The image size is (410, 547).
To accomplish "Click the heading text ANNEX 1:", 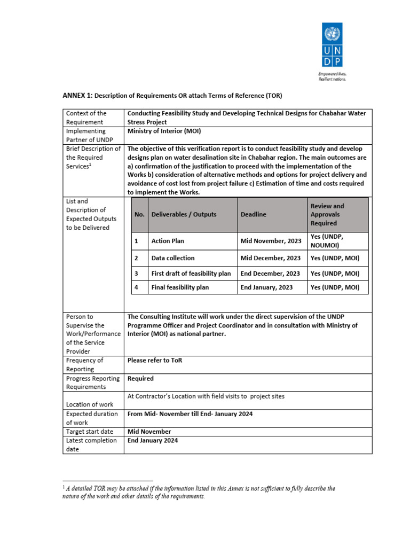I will (x=78, y=96).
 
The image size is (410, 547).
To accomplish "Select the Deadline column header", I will (x=253, y=214).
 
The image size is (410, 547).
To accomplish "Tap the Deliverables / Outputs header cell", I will (x=184, y=214).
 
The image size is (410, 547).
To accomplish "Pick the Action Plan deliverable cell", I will (x=168, y=241).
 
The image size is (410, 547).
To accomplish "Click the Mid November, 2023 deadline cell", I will (x=271, y=241).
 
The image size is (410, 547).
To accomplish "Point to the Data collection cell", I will (x=173, y=258).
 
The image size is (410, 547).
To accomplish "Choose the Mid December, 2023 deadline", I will (x=271, y=258).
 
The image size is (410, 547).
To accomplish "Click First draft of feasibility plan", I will (x=191, y=273).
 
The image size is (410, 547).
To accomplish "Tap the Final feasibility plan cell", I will (x=180, y=287).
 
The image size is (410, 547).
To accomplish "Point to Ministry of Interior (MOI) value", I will (x=164, y=131).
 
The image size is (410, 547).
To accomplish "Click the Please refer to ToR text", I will (x=155, y=360).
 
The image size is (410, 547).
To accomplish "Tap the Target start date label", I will (x=90, y=432).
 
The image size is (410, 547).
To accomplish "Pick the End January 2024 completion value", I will (x=153, y=441).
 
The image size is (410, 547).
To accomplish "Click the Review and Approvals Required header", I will (x=327, y=214).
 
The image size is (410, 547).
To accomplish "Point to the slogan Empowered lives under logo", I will (x=333, y=74).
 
